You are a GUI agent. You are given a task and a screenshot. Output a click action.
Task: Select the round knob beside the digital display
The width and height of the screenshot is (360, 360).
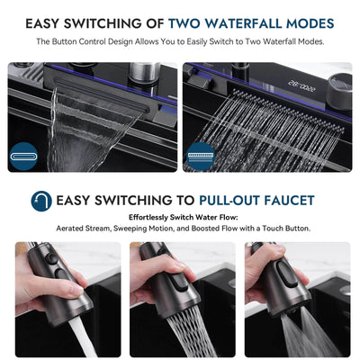(339, 83)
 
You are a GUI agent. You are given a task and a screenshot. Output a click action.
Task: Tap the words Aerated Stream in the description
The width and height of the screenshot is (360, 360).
(85, 229)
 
